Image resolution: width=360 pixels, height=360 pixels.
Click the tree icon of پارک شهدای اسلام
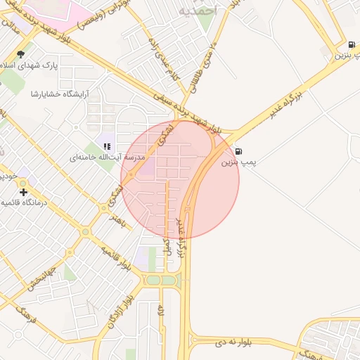pos(20,53)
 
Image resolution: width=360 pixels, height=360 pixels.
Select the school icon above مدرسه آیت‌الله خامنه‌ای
pos(107,146)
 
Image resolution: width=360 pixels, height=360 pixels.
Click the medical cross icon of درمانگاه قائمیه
pos(24,191)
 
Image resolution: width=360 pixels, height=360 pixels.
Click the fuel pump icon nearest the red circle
pos(239,150)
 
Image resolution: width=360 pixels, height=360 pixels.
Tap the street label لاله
pos(161,310)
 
